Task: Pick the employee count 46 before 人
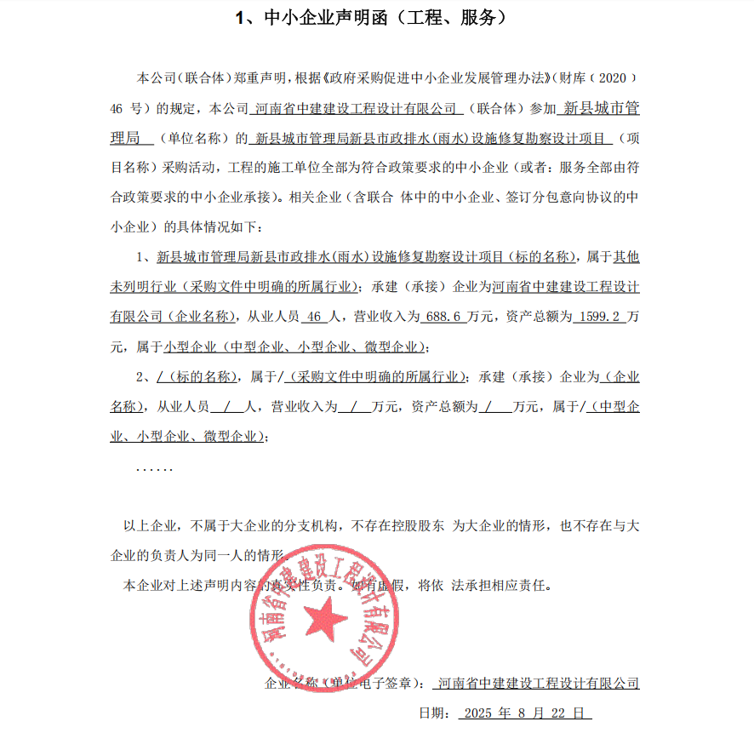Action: click(314, 317)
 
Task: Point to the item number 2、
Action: click(144, 377)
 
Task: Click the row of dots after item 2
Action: click(154, 468)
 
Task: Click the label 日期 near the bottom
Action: click(431, 713)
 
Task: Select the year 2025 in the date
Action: click(478, 713)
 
